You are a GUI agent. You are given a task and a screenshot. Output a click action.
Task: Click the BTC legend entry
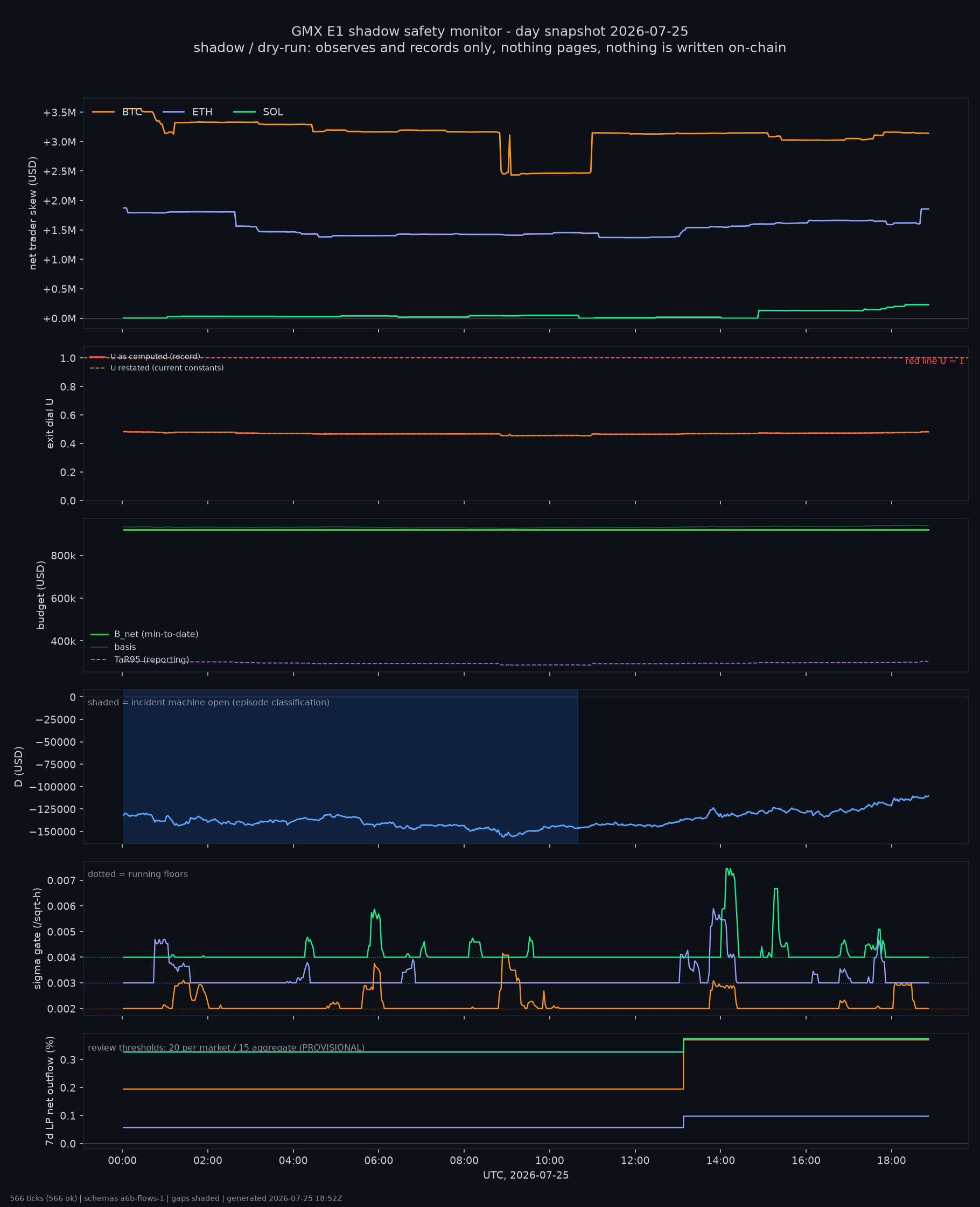tap(117, 112)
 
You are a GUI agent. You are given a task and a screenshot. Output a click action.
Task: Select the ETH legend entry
tap(187, 112)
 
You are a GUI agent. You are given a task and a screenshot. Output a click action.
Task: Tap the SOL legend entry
tap(258, 112)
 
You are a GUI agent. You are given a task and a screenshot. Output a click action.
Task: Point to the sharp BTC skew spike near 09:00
tap(509, 136)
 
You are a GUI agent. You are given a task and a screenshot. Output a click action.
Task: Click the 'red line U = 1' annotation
tap(934, 361)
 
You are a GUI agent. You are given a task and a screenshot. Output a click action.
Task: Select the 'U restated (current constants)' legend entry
tap(156, 367)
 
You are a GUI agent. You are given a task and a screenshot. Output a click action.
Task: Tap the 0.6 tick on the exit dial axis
tap(68, 415)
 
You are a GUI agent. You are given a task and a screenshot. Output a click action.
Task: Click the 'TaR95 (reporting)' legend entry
tap(140, 660)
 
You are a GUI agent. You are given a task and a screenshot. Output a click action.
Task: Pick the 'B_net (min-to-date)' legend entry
tap(144, 634)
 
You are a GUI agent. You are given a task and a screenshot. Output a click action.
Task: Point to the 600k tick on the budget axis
tap(63, 599)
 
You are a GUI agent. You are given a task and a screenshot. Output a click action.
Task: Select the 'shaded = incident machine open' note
tap(208, 703)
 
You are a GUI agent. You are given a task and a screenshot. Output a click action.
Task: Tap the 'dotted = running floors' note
tap(138, 875)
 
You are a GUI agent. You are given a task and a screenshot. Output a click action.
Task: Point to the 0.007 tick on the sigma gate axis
tap(61, 880)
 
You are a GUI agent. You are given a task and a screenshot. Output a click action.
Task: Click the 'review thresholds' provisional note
tap(226, 1048)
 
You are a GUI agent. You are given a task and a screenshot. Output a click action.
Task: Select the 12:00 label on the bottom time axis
tap(635, 1161)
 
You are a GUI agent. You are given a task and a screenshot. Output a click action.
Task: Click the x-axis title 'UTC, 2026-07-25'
tap(526, 1175)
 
